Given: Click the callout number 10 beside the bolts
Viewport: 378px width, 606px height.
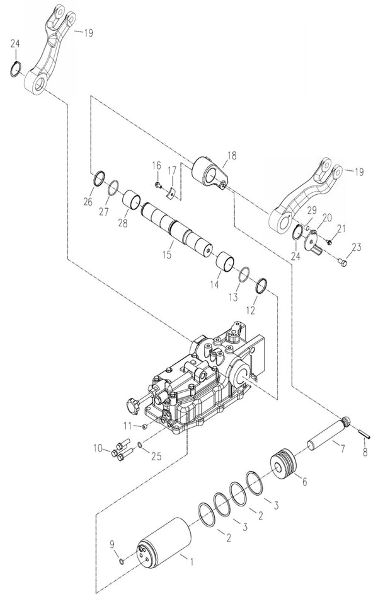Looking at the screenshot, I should [98, 448].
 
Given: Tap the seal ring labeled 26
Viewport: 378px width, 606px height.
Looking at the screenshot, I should [100, 179].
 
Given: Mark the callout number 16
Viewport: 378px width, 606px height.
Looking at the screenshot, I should [156, 166].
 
